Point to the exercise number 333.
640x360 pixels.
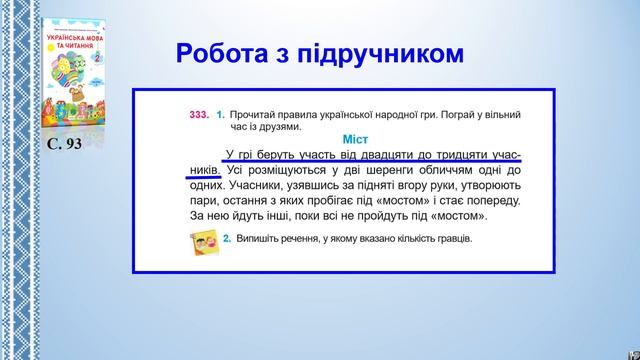coord(199,115)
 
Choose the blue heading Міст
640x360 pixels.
coord(355,139)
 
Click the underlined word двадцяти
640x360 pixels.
coord(382,155)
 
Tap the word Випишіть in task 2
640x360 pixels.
coord(259,240)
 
